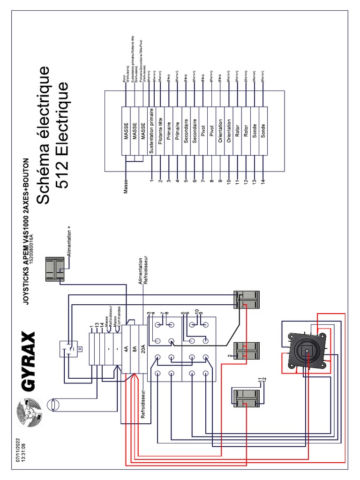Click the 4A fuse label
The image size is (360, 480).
(x=126, y=348)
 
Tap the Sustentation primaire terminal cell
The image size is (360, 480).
(x=152, y=131)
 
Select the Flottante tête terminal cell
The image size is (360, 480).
(x=160, y=131)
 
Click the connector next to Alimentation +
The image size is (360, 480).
(x=56, y=270)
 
